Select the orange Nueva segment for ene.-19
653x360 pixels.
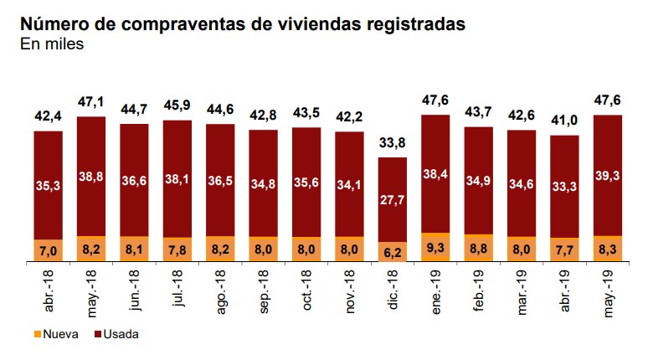(435, 248)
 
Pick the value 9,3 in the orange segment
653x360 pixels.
(435, 248)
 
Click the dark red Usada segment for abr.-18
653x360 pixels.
(49, 185)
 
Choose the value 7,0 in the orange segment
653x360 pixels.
(49, 250)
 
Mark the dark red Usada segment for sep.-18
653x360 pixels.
(263, 183)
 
